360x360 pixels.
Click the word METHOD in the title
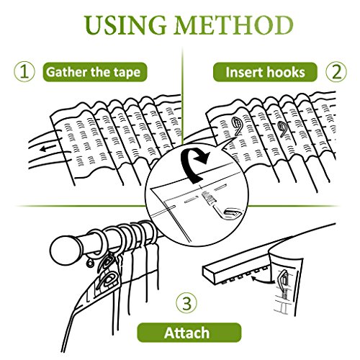point(235,25)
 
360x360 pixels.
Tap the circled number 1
point(24,72)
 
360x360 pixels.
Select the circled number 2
point(336,72)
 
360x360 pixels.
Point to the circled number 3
point(186,303)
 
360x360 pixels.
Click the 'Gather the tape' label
point(95,72)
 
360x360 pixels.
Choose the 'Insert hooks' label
point(265,72)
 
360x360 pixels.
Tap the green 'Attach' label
point(189,333)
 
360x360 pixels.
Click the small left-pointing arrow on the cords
point(48,148)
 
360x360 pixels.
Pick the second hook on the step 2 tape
point(283,129)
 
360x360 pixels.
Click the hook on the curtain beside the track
point(284,279)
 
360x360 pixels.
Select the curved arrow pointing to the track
point(261,279)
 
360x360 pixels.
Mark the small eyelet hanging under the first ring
point(90,263)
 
